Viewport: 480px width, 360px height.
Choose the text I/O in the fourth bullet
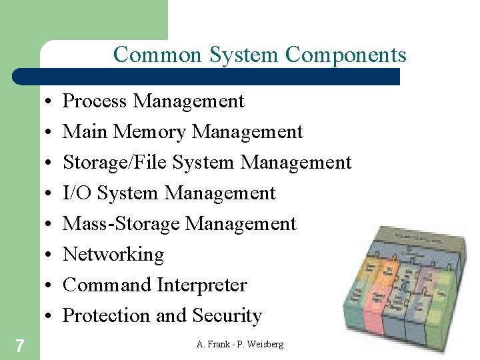point(77,193)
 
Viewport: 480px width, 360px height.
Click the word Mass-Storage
point(121,224)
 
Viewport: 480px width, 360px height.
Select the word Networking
point(113,255)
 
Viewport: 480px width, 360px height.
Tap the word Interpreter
point(202,285)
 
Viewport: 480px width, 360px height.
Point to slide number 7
point(20,345)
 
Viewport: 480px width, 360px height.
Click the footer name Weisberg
point(263,344)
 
